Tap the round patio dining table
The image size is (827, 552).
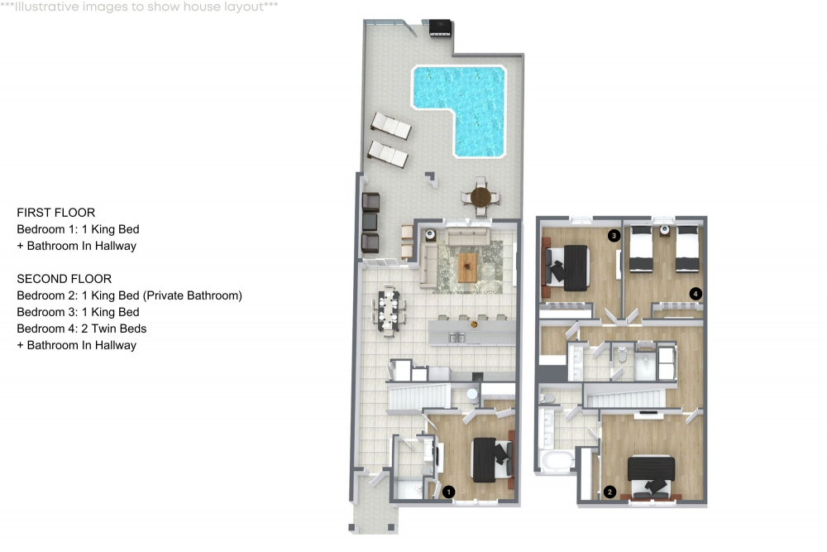coord(480,197)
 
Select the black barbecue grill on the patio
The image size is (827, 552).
coord(440,27)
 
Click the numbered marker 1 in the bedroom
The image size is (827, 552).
coord(448,492)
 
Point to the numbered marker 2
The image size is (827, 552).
coord(609,492)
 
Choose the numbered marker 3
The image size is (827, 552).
coord(614,235)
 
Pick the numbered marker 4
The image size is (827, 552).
coord(696,294)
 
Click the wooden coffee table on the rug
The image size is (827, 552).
coord(468,267)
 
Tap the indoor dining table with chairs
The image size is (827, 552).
coord(390,310)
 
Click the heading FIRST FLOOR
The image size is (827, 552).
coord(56,213)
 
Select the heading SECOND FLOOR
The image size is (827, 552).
coord(65,279)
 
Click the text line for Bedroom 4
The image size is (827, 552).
coord(82,329)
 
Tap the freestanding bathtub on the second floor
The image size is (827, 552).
coord(557,460)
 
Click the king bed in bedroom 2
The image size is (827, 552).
coord(652,477)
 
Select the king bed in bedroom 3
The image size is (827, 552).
coord(568,267)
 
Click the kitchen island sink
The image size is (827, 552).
coord(457,337)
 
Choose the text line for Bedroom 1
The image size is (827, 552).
coord(78,229)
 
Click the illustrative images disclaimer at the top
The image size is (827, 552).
coord(139,7)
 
